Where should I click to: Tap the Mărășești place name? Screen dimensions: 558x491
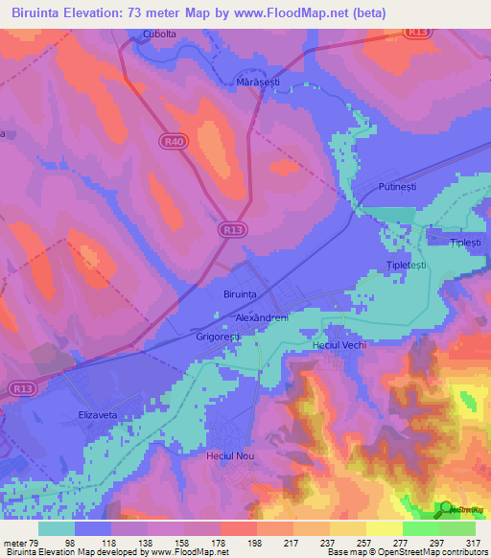257,83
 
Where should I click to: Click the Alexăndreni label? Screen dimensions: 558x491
262,316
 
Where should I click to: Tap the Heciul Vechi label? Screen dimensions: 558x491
340,344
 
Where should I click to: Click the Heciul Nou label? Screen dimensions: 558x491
230,455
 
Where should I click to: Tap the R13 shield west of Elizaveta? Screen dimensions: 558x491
26,388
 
